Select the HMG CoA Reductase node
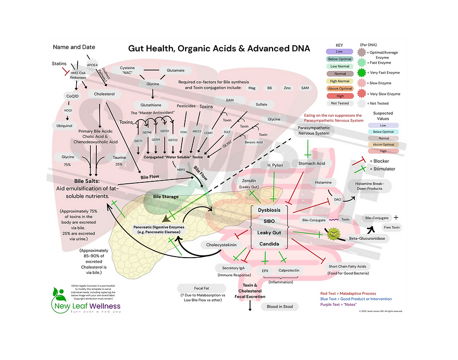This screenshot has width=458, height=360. [x=78, y=75]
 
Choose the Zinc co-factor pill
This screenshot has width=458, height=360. [x=287, y=88]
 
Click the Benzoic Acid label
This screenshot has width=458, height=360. [x=253, y=142]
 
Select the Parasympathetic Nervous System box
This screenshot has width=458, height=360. [x=314, y=130]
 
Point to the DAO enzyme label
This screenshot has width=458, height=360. [x=337, y=200]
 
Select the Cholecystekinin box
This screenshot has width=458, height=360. [x=221, y=245]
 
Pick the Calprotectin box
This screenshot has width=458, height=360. [x=289, y=270]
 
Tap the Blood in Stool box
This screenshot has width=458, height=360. [x=279, y=307]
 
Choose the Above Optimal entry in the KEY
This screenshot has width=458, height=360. [x=339, y=89]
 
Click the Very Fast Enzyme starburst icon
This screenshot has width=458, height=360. [x=361, y=72]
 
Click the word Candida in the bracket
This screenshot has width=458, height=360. [x=269, y=244]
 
